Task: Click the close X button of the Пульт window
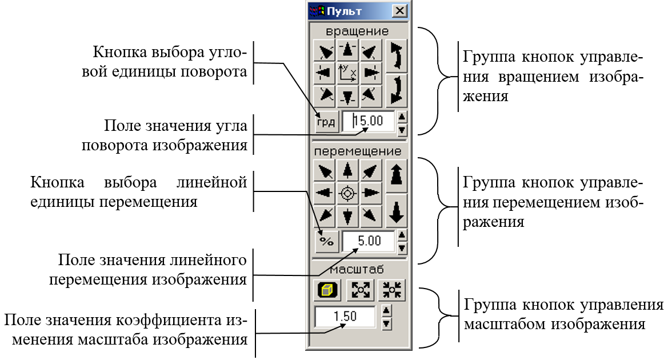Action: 399,11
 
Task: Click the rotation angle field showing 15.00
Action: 368,121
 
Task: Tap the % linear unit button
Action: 326,242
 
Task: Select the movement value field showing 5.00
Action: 368,241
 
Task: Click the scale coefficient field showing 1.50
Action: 345,317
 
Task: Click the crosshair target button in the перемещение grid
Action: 347,194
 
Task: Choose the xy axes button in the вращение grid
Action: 347,73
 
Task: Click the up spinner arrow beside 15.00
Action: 402,117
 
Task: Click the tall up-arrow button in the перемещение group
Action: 396,175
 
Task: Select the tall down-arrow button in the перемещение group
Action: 396,211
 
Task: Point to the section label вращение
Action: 357,31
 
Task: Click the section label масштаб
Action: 357,269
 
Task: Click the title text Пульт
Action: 344,11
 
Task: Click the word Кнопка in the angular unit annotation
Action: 119,53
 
